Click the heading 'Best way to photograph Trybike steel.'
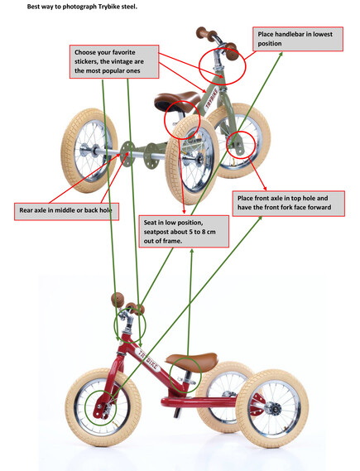(x=82, y=7)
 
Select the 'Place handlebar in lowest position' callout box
(x=298, y=39)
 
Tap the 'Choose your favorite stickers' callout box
(x=114, y=61)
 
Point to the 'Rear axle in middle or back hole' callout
(x=66, y=211)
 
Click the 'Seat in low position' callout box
(x=184, y=231)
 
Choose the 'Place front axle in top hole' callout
(x=289, y=204)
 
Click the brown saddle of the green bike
(x=177, y=102)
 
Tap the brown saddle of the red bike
(x=191, y=362)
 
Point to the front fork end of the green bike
(x=238, y=147)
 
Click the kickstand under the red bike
(x=176, y=412)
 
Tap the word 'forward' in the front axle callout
(x=319, y=207)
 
